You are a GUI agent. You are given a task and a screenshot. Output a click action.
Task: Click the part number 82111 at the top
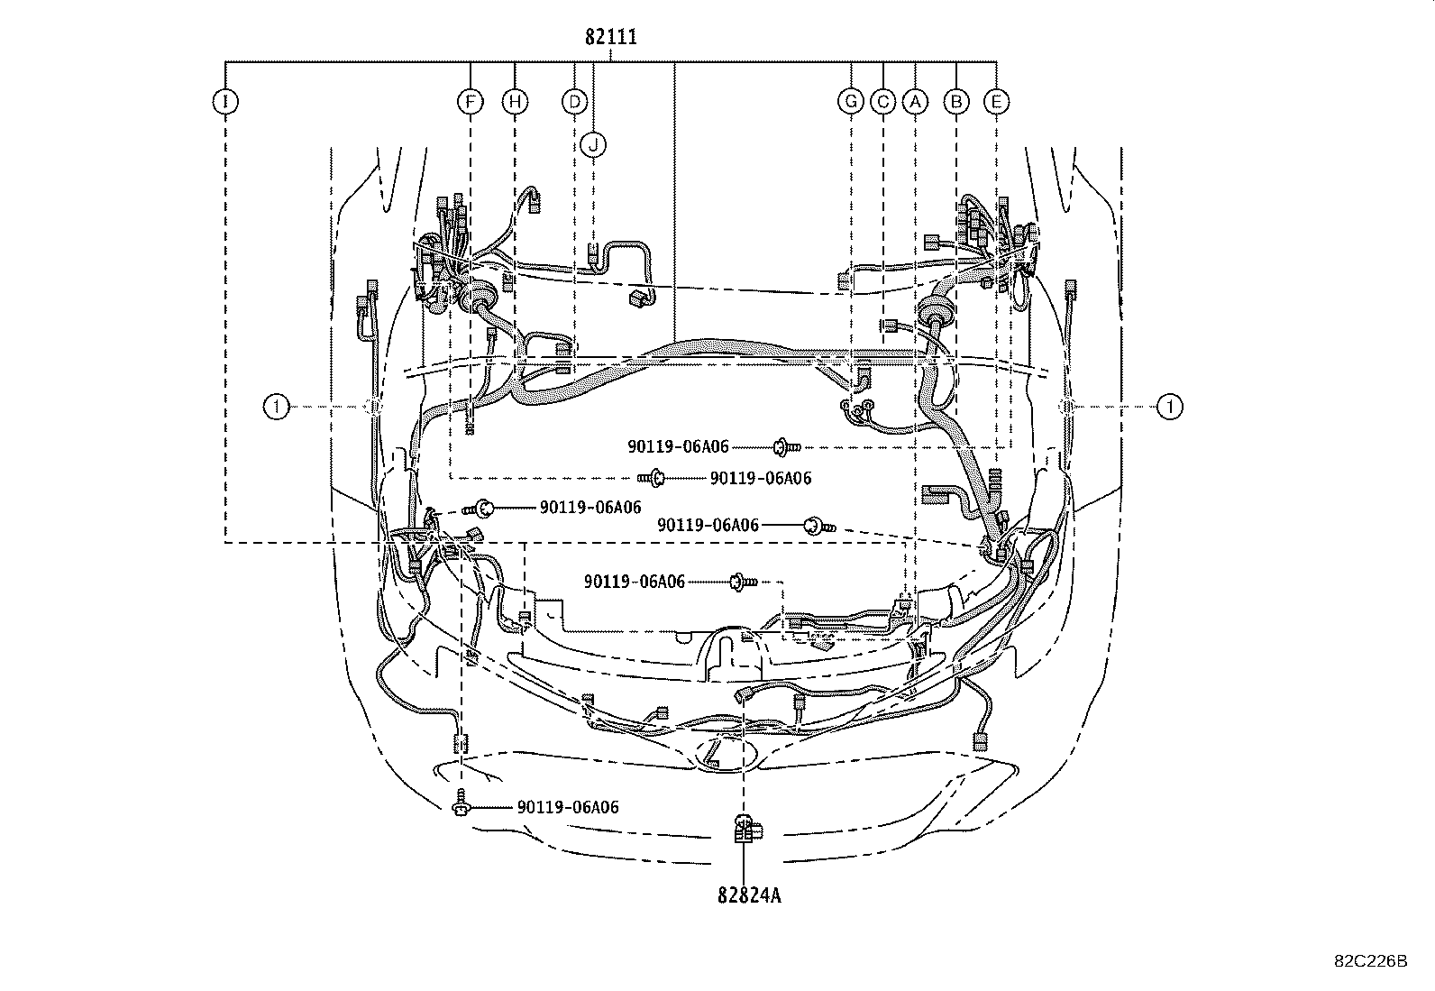pos(610,37)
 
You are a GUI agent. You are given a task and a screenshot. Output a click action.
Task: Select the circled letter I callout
pos(224,101)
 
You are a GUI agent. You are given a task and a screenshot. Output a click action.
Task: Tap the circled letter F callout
pos(471,101)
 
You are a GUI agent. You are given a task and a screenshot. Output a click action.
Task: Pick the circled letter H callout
pos(515,101)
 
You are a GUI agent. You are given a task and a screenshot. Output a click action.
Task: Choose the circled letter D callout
pos(575,101)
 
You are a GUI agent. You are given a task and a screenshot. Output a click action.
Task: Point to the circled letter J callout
pos(593,144)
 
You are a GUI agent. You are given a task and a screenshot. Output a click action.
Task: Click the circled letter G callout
pos(851,101)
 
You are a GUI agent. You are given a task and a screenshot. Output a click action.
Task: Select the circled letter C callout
pos(882,101)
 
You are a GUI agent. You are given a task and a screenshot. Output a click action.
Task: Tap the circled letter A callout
pos(915,101)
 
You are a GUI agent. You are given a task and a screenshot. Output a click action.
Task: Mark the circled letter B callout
pos(956,101)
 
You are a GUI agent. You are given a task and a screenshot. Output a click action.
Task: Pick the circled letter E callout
pos(996,101)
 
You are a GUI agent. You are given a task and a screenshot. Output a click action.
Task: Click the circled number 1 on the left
pos(276,407)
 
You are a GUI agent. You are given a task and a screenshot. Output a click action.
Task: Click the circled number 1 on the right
pos(1170,407)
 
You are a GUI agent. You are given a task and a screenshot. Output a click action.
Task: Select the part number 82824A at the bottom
pos(749,895)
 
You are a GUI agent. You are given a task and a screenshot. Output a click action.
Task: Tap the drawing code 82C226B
pos(1371,961)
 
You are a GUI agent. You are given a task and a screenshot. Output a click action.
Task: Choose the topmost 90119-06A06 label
pos(678,446)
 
